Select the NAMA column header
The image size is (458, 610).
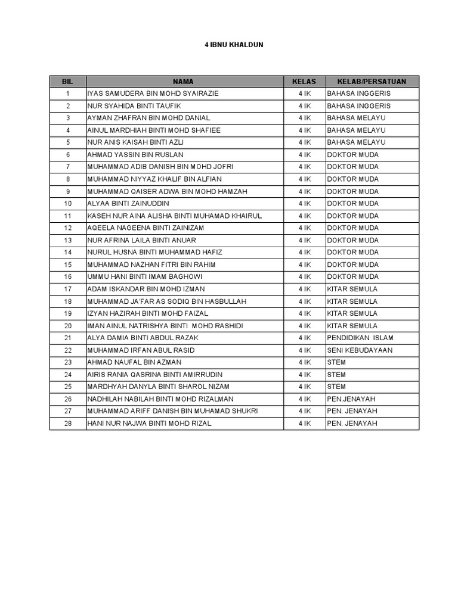click(184, 82)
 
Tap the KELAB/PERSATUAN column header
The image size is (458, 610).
click(372, 82)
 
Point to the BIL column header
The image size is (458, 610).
click(68, 82)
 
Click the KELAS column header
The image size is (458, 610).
click(304, 82)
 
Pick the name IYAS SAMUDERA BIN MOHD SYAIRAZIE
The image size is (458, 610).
click(153, 94)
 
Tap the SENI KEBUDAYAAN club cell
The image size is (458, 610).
click(360, 350)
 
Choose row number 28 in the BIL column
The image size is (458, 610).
click(68, 424)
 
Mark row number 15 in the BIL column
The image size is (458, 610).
click(68, 264)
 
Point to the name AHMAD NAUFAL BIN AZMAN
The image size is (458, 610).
click(134, 362)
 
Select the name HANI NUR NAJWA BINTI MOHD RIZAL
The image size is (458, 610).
click(149, 424)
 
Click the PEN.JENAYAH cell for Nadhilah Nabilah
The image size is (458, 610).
click(352, 399)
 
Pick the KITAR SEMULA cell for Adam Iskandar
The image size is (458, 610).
click(352, 289)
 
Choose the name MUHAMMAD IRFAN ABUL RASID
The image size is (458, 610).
click(141, 350)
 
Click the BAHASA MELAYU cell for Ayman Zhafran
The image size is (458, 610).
click(356, 118)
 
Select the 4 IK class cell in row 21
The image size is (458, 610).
click(305, 338)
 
